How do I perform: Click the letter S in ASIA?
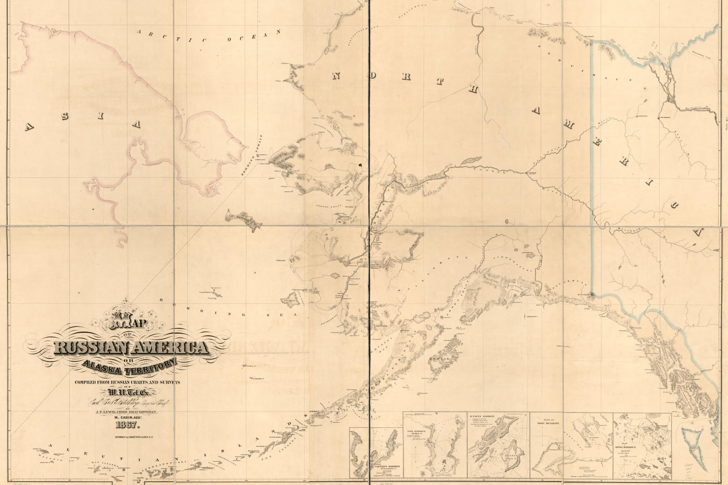click(x=65, y=117)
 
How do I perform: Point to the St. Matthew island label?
click(x=207, y=292)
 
